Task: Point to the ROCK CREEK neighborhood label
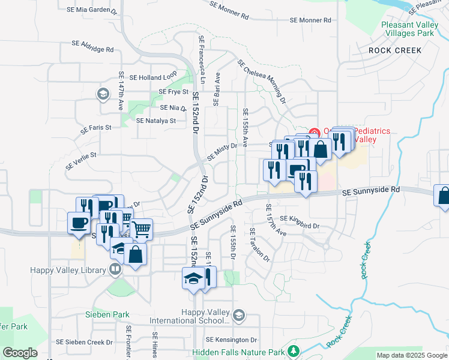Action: click(395, 50)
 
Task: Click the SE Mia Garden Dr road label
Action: click(91, 10)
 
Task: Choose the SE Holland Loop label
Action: click(153, 77)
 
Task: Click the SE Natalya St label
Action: click(155, 121)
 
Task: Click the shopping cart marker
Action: click(141, 228)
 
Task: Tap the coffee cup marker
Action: click(79, 222)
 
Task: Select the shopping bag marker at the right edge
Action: click(444, 196)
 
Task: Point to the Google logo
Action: click(20, 353)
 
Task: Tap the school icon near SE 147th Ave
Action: click(102, 94)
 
